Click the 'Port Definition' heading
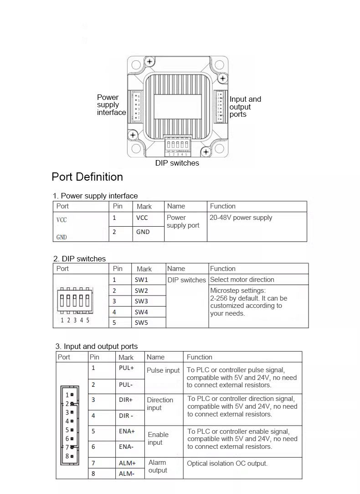pos(87,177)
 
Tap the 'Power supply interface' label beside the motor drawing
pos(111,105)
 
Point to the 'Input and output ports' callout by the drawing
pos(245,107)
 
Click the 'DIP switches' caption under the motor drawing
pos(177,163)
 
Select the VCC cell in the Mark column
pos(142,218)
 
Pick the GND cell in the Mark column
pos(143,232)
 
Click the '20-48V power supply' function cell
pos(241,218)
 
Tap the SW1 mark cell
pos(141,280)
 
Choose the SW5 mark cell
pos(141,322)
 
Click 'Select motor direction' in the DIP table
pos(242,280)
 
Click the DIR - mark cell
pos(126,416)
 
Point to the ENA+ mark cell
pos(127,431)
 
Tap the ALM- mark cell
pos(126,473)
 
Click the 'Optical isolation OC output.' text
pos(227,463)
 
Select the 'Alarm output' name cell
pos(158,467)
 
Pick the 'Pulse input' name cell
pos(163,370)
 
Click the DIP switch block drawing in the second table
pos(75,302)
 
